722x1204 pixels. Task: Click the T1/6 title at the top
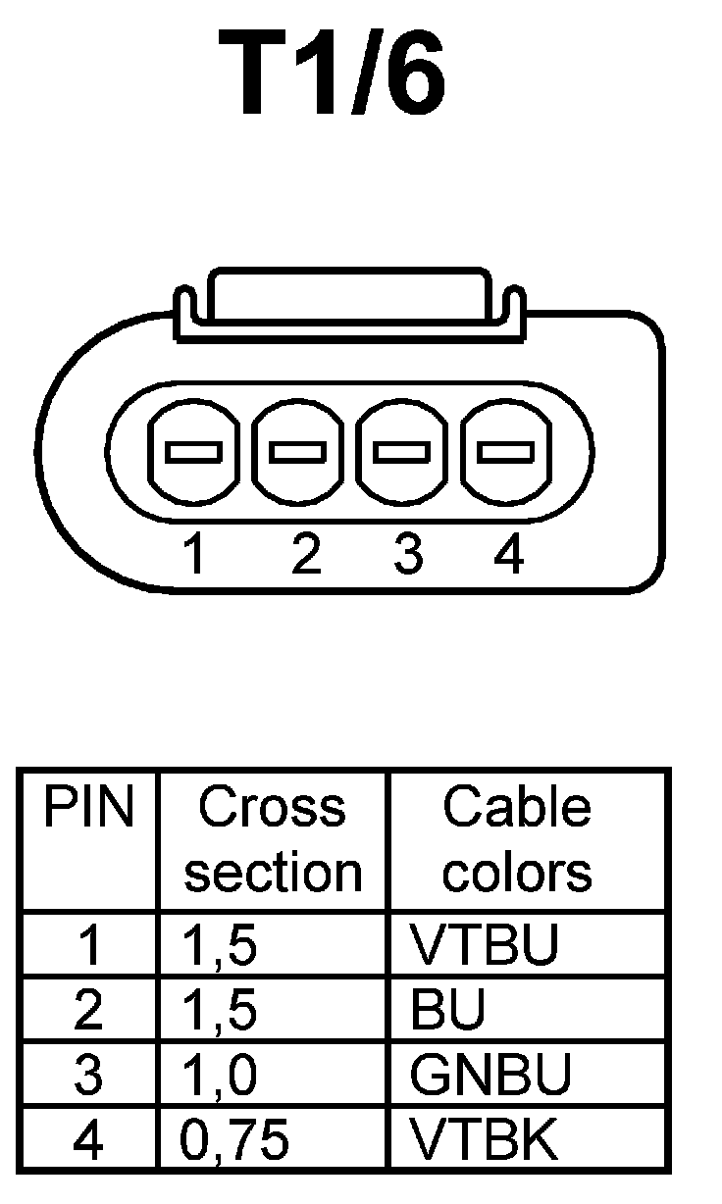[333, 75]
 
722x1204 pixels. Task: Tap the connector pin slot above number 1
[193, 452]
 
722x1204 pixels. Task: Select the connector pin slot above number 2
[298, 452]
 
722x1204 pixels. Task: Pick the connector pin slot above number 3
[402, 452]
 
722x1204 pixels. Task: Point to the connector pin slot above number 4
[506, 452]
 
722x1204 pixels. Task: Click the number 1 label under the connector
[195, 556]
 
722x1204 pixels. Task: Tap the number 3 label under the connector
[407, 556]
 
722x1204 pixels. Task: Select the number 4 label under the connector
[509, 556]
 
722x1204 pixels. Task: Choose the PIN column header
[88, 809]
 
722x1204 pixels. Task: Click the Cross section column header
[273, 840]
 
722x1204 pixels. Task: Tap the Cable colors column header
[517, 840]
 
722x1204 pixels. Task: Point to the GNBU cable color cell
[490, 1076]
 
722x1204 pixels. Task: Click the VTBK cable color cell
[484, 1139]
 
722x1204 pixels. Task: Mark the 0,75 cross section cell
[235, 1139]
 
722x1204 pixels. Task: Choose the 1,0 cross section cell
[220, 1076]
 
